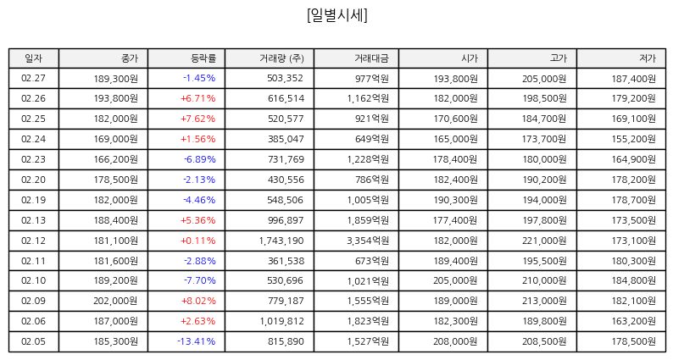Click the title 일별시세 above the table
pyautogui.click(x=337, y=15)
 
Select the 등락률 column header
pyautogui.click(x=203, y=58)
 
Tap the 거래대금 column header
pyautogui.click(x=371, y=58)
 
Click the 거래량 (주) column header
pyautogui.click(x=281, y=58)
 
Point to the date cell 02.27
pyautogui.click(x=33, y=78)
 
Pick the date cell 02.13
pyautogui.click(x=33, y=220)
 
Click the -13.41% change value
pyautogui.click(x=196, y=341)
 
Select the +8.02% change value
pyautogui.click(x=198, y=301)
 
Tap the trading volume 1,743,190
pyautogui.click(x=281, y=241)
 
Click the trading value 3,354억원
pyautogui.click(x=368, y=241)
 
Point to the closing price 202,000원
pyautogui.click(x=115, y=301)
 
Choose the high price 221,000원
pyautogui.click(x=544, y=241)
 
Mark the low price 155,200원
pyautogui.click(x=633, y=139)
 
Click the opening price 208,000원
pyautogui.click(x=455, y=341)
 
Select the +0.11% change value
pyautogui.click(x=198, y=241)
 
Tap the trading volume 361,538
pyautogui.click(x=286, y=261)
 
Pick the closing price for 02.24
pyautogui.click(x=115, y=139)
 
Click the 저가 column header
pyautogui.click(x=648, y=58)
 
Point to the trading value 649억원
pyautogui.click(x=372, y=139)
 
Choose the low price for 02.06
pyautogui.click(x=633, y=321)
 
